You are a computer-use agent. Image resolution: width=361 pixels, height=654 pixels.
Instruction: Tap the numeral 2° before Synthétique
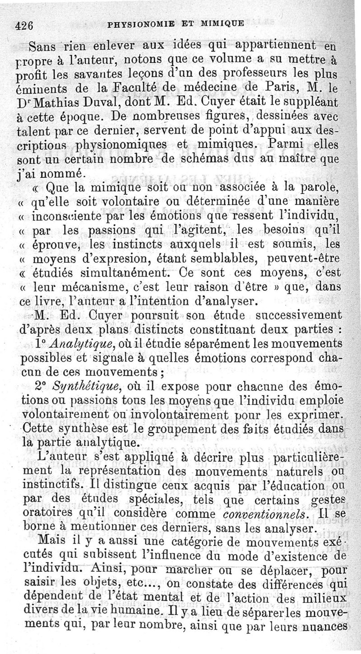click(x=41, y=387)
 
